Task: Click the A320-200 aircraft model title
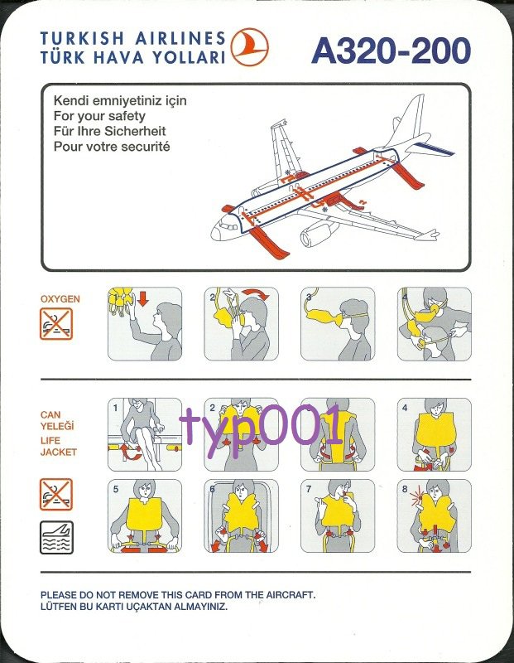[x=391, y=51]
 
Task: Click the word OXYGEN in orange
[x=60, y=298]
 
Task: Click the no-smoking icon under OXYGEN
[x=56, y=323]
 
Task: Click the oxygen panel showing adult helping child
[x=434, y=324]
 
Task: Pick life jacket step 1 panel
[x=145, y=434]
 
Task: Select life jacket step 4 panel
[x=434, y=434]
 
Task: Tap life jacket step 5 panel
[x=145, y=515]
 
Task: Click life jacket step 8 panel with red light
[x=434, y=515]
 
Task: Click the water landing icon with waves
[x=56, y=537]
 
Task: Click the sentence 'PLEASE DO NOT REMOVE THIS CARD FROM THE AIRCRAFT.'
[x=178, y=594]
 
